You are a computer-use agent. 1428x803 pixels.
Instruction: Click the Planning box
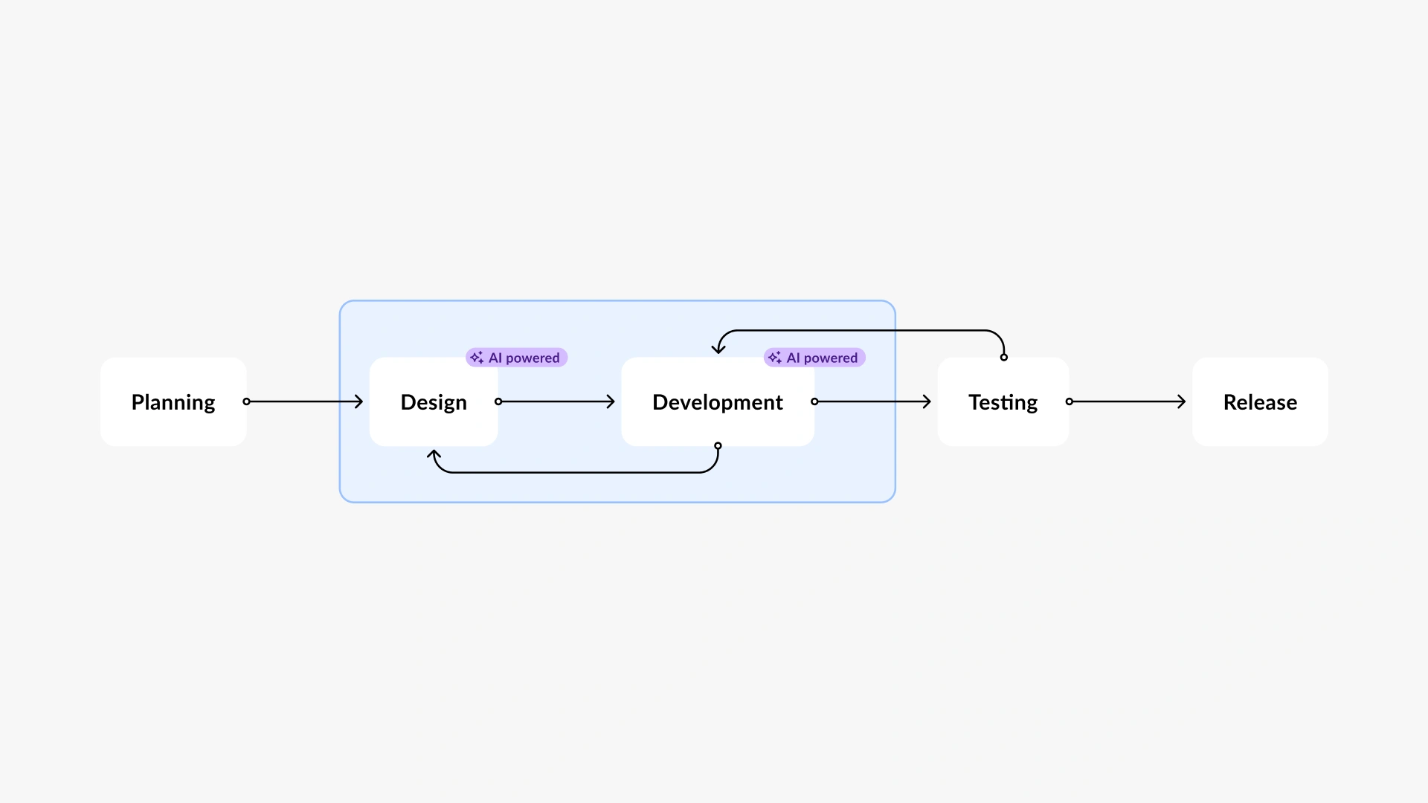point(173,401)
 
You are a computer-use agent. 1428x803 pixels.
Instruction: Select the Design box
point(434,401)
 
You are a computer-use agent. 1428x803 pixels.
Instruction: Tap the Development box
point(718,401)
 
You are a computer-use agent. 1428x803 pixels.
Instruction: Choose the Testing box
point(1003,401)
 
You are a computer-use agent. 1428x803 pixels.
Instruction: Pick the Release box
point(1260,401)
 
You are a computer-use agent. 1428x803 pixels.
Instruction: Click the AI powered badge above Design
point(517,358)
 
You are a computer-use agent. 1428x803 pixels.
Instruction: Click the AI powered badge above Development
point(814,358)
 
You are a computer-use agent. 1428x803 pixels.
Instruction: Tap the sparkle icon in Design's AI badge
point(477,358)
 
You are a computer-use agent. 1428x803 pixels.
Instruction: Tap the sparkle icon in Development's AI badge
point(775,358)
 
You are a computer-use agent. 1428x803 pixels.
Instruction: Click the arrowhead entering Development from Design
point(611,401)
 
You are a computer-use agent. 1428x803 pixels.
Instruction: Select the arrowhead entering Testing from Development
point(927,401)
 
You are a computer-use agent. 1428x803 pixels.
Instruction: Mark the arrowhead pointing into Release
point(1182,401)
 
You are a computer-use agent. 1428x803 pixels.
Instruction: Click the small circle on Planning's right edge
point(247,401)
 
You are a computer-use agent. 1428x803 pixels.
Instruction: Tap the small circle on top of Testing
point(1004,358)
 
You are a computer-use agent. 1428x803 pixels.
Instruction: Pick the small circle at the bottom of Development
point(718,446)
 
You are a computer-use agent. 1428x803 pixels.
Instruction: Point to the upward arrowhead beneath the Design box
point(434,454)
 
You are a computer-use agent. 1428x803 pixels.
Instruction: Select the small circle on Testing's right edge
point(1070,401)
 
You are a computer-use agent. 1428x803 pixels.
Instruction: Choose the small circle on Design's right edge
point(498,401)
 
